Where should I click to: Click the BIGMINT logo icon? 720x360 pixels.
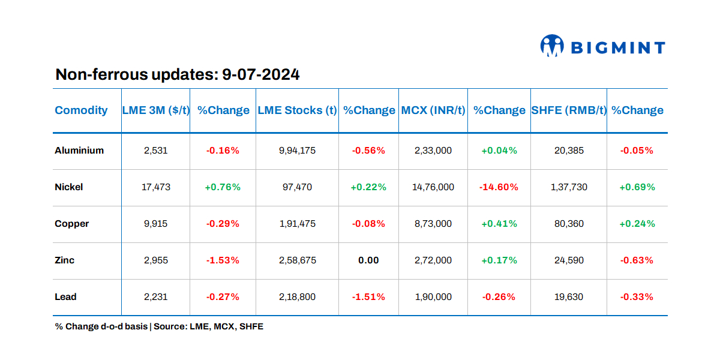(x=552, y=46)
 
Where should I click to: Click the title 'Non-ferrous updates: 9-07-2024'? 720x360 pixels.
(x=177, y=75)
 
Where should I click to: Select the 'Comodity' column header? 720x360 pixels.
(x=81, y=110)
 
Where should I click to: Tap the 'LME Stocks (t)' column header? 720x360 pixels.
(x=297, y=110)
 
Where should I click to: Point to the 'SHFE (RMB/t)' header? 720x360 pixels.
(x=568, y=110)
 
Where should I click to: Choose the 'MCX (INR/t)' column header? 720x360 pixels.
(x=433, y=110)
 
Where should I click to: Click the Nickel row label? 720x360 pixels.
(x=69, y=187)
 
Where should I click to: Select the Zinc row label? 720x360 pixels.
(x=65, y=260)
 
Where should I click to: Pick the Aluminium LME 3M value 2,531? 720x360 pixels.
(x=155, y=151)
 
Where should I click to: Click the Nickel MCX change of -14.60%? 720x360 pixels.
(x=499, y=187)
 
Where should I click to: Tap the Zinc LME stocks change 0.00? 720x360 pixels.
(x=368, y=260)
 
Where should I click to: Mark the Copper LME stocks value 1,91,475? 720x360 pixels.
(x=297, y=224)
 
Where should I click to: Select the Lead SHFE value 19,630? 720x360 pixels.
(x=568, y=297)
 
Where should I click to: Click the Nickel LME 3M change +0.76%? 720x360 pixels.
(x=223, y=187)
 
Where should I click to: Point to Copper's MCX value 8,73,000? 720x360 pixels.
(x=433, y=224)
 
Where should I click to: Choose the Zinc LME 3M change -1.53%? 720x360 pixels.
(x=223, y=260)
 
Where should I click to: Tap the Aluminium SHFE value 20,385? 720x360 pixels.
(x=568, y=151)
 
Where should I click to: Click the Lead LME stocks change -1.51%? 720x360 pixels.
(x=368, y=297)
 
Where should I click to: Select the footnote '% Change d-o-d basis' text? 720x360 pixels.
(x=101, y=326)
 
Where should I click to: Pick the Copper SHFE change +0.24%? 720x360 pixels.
(x=637, y=224)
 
